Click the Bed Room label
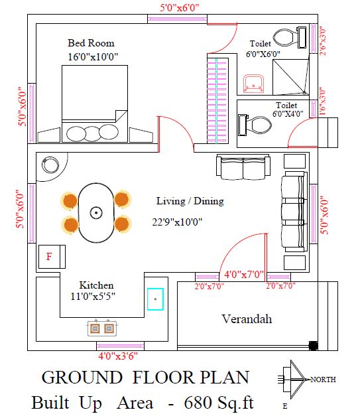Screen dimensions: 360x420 [x=91, y=43]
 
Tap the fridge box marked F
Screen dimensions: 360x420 [x=52, y=257]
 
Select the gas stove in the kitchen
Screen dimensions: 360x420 [x=102, y=328]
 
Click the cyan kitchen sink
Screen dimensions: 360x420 [x=156, y=299]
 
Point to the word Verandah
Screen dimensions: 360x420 [x=247, y=318]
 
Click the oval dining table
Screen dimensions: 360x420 [x=96, y=213]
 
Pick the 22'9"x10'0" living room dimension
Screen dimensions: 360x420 [x=177, y=222]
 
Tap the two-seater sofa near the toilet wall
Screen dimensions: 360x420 [x=243, y=167]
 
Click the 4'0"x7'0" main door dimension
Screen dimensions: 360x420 [x=244, y=274]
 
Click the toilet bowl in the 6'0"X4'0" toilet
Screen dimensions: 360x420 [x=255, y=125]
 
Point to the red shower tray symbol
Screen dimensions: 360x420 [x=253, y=84]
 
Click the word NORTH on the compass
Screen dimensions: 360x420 [x=323, y=380]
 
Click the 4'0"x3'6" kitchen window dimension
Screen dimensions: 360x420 [x=118, y=356]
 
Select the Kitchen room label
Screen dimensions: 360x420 [x=96, y=285]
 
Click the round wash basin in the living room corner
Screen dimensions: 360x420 [x=50, y=165]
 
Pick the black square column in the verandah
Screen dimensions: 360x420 [x=314, y=346]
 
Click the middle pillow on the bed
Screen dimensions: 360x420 [x=92, y=133]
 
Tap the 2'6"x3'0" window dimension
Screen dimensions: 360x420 [x=323, y=42]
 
